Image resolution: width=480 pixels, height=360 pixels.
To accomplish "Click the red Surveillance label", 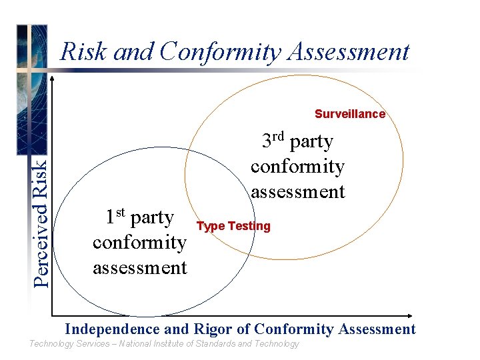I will (350, 114).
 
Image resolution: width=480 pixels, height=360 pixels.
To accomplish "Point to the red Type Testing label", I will (233, 226).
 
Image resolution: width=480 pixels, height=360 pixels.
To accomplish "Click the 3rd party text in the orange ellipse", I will (297, 141).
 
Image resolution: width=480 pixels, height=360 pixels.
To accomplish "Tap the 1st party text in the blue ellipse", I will (139, 217).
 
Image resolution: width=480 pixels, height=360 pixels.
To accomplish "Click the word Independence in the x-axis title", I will (112, 329).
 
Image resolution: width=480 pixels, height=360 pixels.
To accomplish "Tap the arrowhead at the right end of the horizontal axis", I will (414, 315).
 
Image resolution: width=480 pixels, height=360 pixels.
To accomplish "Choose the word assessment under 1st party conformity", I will (140, 267).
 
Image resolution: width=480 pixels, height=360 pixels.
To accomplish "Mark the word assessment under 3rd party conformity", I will (297, 192).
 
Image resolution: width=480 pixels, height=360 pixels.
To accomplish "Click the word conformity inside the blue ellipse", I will (140, 242).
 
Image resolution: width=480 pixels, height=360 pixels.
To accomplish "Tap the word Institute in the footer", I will (171, 344).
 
